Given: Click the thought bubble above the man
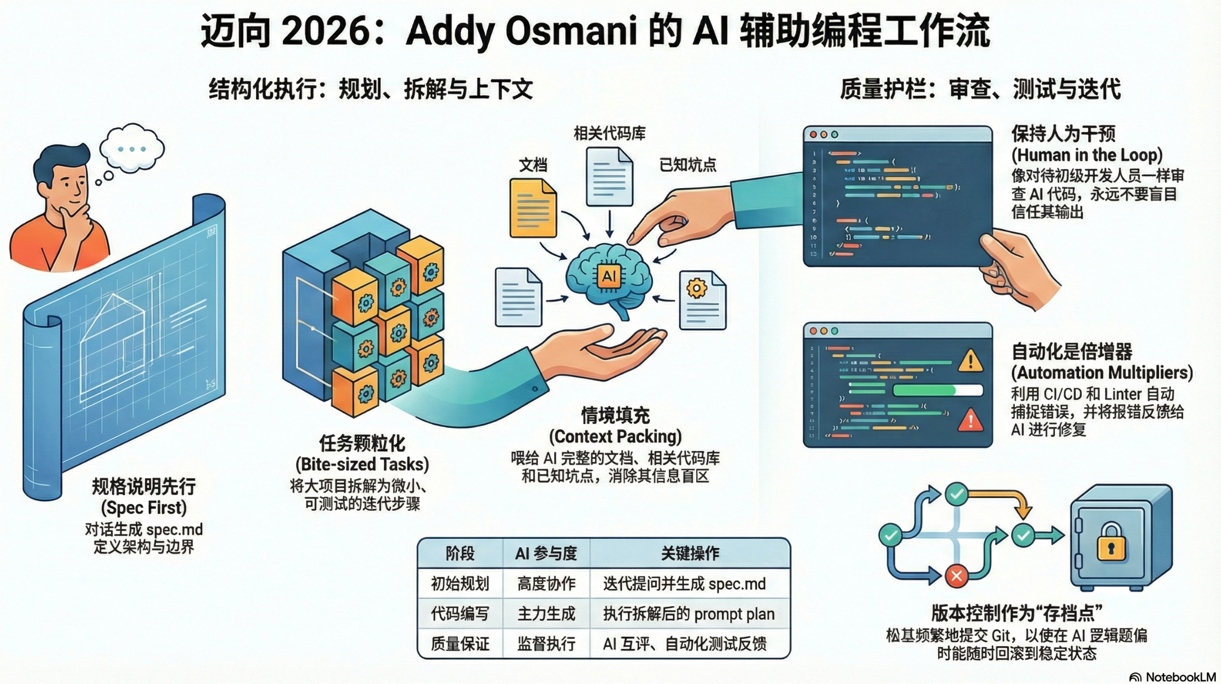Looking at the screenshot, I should pos(132,148).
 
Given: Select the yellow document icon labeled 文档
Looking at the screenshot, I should pos(533,208).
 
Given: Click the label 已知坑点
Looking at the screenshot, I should pos(687,165).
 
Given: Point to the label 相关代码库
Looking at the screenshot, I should pos(609,134).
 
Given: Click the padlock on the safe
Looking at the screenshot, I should pos(1111,542).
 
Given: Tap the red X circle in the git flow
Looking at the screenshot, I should pos(956,576).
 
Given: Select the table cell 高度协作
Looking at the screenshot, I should pos(546,584).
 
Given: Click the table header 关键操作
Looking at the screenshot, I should pos(689,553).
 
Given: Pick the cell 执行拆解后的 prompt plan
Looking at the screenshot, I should pos(688,614).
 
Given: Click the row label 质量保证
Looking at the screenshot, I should pos(460,644).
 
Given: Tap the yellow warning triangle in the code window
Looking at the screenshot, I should pos(970,361).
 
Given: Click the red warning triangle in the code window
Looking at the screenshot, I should pos(970,421).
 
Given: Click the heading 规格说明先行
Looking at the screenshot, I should pos(144,487).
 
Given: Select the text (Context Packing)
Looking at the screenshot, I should pos(615,436).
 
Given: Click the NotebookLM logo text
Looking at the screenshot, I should pos(1180,677).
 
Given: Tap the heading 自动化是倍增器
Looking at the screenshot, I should pos(1071,351).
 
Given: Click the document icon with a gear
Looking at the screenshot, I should pos(702,300).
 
